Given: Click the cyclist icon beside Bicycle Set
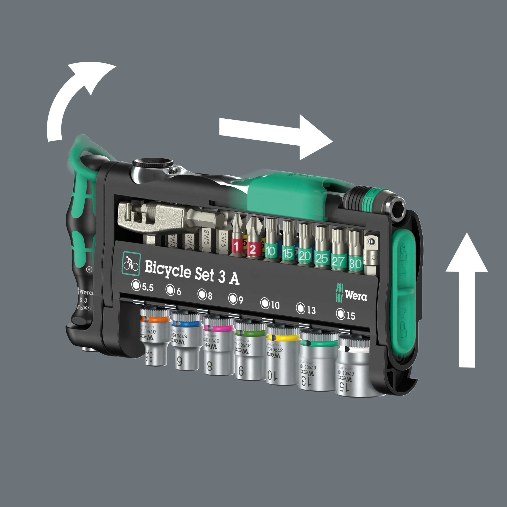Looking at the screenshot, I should point(131,263).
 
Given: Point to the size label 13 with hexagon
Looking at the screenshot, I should point(306,309).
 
